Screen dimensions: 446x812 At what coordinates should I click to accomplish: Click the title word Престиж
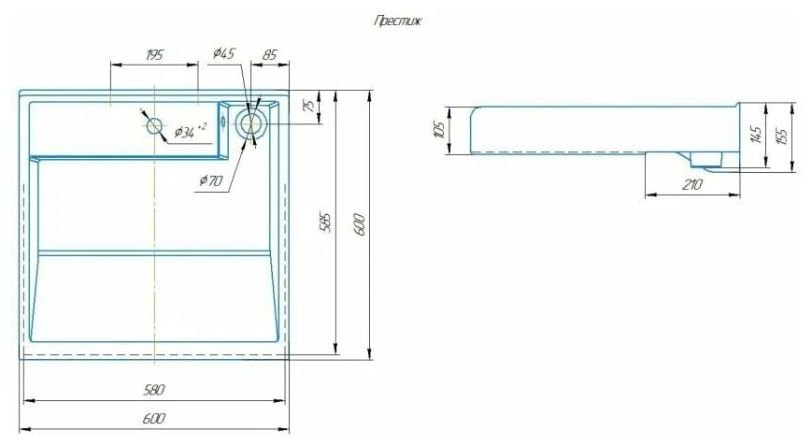pyautogui.click(x=397, y=22)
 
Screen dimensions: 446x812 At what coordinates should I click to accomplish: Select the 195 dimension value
pyautogui.click(x=155, y=55)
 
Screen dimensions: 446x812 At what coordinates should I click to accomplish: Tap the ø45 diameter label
pyautogui.click(x=223, y=54)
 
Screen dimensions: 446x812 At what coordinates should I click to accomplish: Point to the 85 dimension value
pyautogui.click(x=269, y=55)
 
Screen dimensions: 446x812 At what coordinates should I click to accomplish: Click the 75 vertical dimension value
pyautogui.click(x=309, y=107)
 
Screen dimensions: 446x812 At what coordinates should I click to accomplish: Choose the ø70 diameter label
pyautogui.click(x=210, y=180)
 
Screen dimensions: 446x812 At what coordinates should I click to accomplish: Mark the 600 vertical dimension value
pyautogui.click(x=359, y=223)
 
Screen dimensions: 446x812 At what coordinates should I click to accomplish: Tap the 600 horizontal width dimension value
pyautogui.click(x=154, y=418)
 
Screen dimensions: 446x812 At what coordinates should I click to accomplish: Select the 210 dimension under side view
pyautogui.click(x=692, y=185)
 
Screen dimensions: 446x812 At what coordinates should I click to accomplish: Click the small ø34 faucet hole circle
pyautogui.click(x=154, y=125)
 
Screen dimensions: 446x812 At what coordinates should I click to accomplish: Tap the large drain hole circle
pyautogui.click(x=250, y=122)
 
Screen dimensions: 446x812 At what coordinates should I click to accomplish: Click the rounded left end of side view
pyautogui.click(x=473, y=128)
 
